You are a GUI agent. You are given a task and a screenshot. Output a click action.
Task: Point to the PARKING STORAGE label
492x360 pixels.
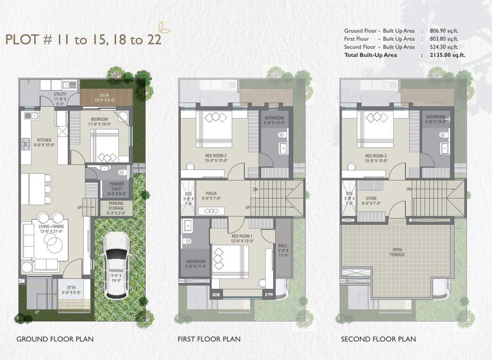(x=116, y=206)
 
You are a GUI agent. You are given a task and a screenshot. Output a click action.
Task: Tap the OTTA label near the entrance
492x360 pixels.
(x=70, y=289)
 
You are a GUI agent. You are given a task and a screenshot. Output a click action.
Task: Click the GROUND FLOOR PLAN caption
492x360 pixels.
(x=55, y=339)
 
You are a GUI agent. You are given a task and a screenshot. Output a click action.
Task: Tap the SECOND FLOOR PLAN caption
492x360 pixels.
(x=378, y=339)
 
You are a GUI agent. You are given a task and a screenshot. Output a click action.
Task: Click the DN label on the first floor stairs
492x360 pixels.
(x=255, y=189)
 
